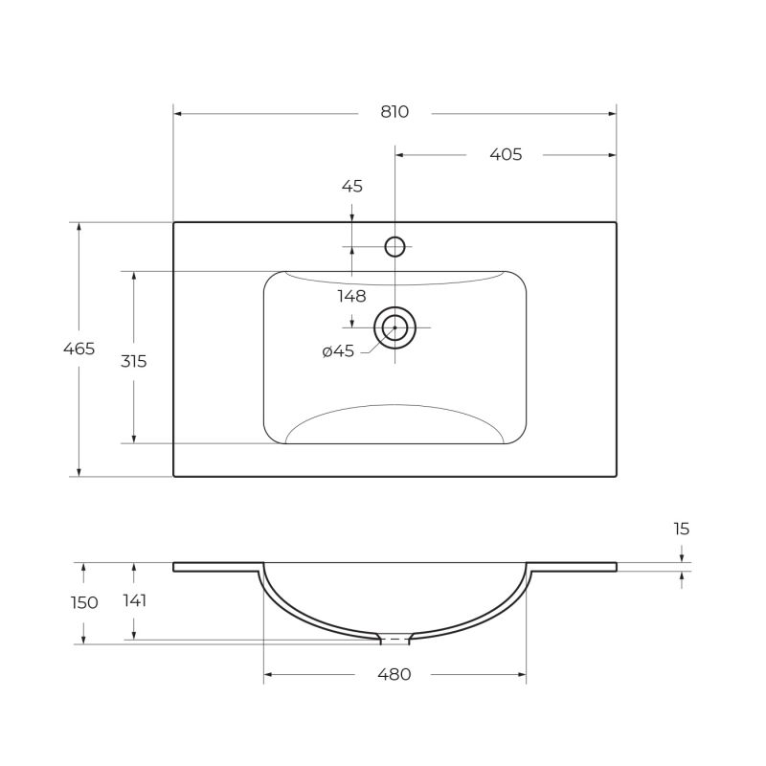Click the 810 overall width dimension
[x=394, y=112]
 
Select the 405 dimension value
[x=506, y=154]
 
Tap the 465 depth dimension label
[x=79, y=349]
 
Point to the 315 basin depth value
[x=133, y=361]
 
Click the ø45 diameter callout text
[x=338, y=351]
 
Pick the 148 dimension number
[x=352, y=296]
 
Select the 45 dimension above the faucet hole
[x=352, y=187]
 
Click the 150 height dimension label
[x=84, y=602]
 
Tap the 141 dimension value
[x=134, y=601]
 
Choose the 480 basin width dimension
[x=394, y=674]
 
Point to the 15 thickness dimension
[x=681, y=529]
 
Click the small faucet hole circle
[x=395, y=247]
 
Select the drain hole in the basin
[x=394, y=327]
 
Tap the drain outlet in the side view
[x=394, y=639]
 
